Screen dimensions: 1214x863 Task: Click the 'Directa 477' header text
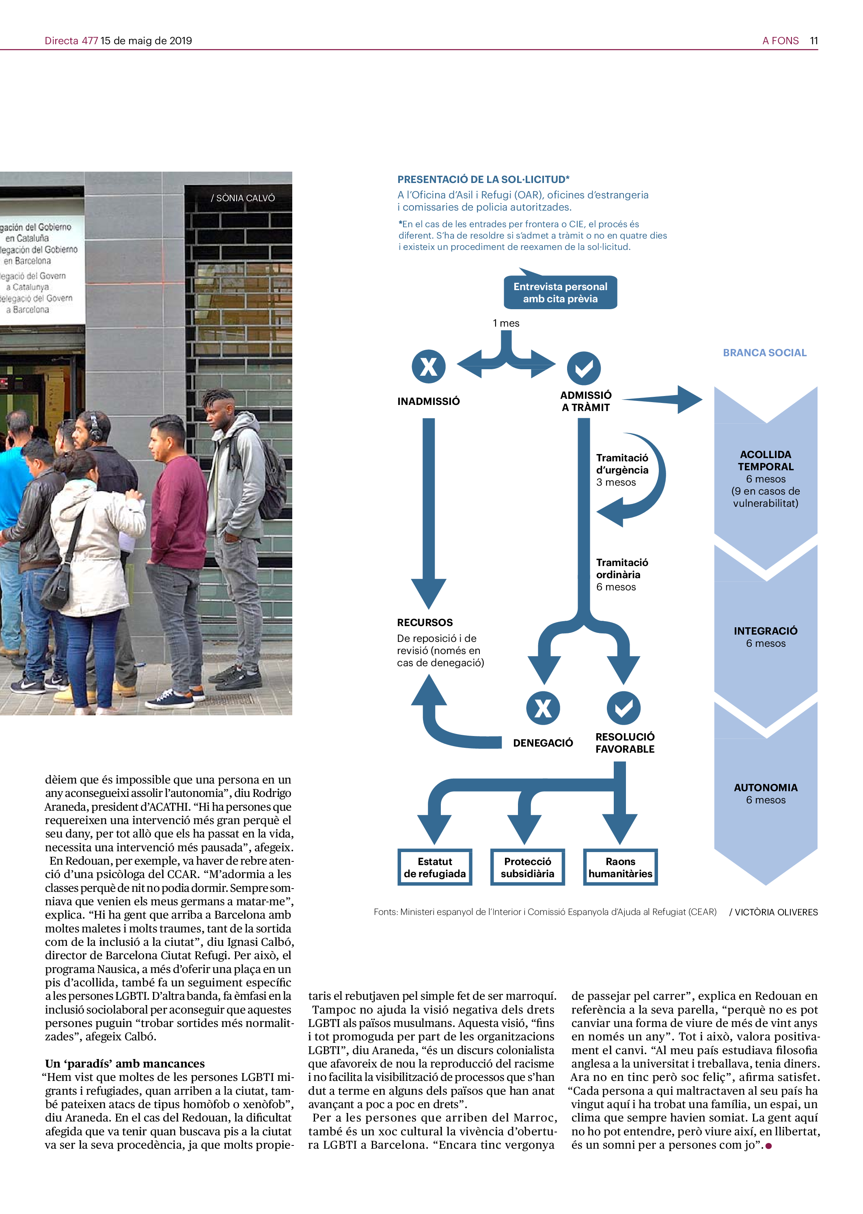71,41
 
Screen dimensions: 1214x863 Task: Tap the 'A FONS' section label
780,41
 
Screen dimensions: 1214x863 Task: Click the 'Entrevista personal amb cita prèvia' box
560,293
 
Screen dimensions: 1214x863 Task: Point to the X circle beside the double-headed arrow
428,366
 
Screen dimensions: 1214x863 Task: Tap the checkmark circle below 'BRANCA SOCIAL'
583,368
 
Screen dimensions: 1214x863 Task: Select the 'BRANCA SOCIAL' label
764,353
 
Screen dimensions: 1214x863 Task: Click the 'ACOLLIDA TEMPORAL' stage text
765,461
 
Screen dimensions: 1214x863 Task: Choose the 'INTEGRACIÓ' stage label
765,631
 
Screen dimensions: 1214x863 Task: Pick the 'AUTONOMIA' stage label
765,788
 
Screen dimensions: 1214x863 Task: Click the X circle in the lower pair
543,708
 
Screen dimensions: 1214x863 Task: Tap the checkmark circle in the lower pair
624,708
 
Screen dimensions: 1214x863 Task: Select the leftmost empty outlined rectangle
435,867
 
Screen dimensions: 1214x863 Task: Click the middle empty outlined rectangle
527,867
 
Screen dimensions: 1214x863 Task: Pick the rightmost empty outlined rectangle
620,867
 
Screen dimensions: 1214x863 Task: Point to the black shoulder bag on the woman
55,587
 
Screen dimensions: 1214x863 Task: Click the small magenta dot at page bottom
768,1146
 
